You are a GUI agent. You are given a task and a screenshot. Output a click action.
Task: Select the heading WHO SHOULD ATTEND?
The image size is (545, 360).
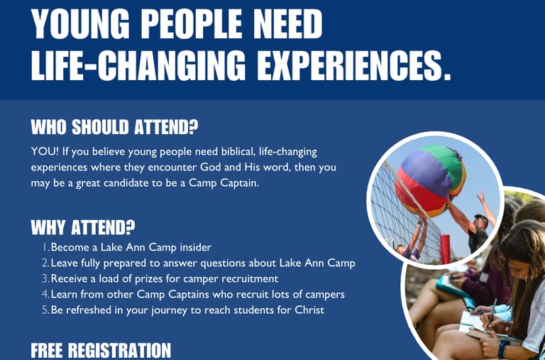click(x=114, y=127)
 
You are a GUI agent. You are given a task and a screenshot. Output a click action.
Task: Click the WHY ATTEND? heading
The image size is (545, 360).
click(x=83, y=227)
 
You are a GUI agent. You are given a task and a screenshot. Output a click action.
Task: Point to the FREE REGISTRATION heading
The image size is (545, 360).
click(x=101, y=350)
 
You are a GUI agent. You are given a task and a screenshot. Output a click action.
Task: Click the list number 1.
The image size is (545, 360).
click(x=45, y=247)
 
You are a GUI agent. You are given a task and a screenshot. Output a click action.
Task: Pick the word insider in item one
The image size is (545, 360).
click(x=196, y=247)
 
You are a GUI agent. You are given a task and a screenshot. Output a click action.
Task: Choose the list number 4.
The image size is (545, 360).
click(x=45, y=294)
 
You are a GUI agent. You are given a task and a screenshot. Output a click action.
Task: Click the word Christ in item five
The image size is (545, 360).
click(x=309, y=310)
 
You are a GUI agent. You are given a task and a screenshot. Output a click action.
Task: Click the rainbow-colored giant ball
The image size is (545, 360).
click(x=430, y=181)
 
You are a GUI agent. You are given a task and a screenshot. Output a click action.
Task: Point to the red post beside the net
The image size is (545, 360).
click(x=445, y=249)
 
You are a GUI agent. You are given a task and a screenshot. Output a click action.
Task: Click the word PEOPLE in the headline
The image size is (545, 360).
click(x=192, y=24)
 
